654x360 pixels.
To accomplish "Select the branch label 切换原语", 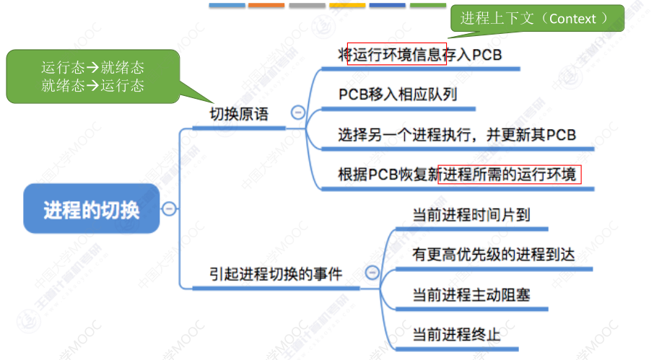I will pos(238,115).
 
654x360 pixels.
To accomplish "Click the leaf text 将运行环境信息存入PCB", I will pos(419,55).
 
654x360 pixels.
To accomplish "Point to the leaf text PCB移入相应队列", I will pos(397,95).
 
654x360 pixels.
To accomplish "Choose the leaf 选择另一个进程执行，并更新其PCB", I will pos(456,135).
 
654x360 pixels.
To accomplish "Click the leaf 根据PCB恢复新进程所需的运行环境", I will pos(459,175).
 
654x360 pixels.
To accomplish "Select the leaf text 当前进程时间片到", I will pos(471,215).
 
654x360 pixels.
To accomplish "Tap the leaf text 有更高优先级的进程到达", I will pos(493,255).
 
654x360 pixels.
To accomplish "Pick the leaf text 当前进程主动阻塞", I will pos(471,295).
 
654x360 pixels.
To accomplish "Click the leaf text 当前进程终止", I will pos(456,335).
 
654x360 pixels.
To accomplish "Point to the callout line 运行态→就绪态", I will pos(92,69).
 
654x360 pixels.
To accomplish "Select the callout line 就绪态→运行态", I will pos(92,86).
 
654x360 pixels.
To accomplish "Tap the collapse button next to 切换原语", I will pos(297,112).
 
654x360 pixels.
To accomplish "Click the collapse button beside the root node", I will pos(169,208).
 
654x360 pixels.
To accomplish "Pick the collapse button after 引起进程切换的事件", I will pos(372,272).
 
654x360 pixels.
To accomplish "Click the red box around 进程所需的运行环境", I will pos(509,175).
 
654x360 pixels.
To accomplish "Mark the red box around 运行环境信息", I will pos(397,55).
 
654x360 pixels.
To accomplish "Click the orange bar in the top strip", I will pos(266,5).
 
